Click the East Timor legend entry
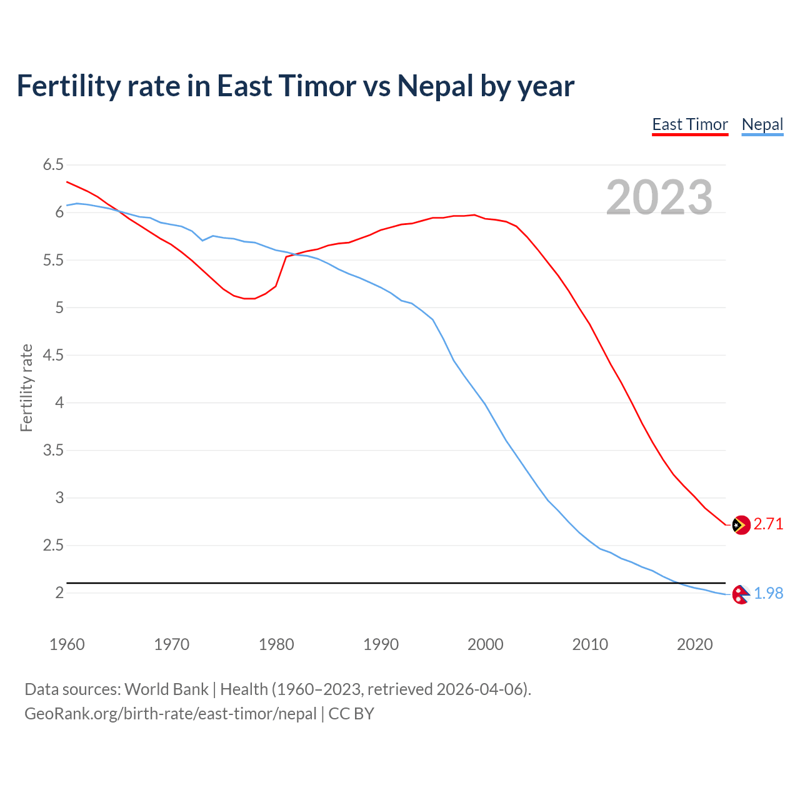pyautogui.click(x=690, y=124)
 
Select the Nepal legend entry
pyautogui.click(x=762, y=124)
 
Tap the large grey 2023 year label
pyautogui.click(x=659, y=197)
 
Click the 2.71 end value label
pyautogui.click(x=768, y=524)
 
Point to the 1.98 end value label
pyautogui.click(x=768, y=593)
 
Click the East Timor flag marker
pyautogui.click(x=741, y=525)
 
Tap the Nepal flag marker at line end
pyautogui.click(x=741, y=594)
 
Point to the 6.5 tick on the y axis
pyautogui.click(x=53, y=165)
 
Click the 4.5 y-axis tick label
pyautogui.click(x=53, y=355)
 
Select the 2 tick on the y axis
pyautogui.click(x=59, y=592)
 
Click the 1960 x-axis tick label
pyautogui.click(x=67, y=644)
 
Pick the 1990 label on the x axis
pyautogui.click(x=381, y=644)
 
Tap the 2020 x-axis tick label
pyautogui.click(x=694, y=644)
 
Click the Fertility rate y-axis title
pyautogui.click(x=26, y=387)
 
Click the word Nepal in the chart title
pyautogui.click(x=435, y=86)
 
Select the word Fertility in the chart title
pyautogui.click(x=67, y=86)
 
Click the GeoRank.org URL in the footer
pyautogui.click(x=170, y=714)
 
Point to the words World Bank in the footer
pyautogui.click(x=166, y=689)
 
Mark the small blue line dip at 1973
pyautogui.click(x=202, y=240)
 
